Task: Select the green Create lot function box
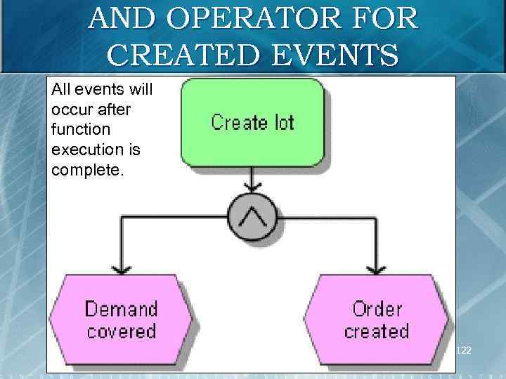point(253,122)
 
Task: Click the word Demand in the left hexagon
point(122,309)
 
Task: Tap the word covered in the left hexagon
point(122,331)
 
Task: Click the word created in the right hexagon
point(377,331)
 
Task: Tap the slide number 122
point(464,349)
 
